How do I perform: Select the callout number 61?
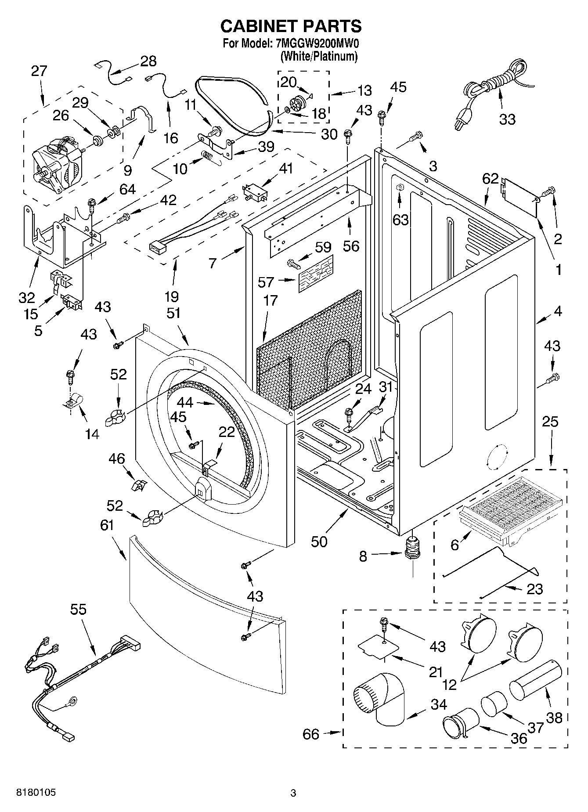pos(107,525)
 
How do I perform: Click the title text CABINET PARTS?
pos(291,26)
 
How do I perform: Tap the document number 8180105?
pos(36,793)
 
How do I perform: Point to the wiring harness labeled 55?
pos(79,676)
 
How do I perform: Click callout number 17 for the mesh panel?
pos(271,300)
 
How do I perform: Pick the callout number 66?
pos(311,734)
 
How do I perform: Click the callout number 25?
pos(550,422)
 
